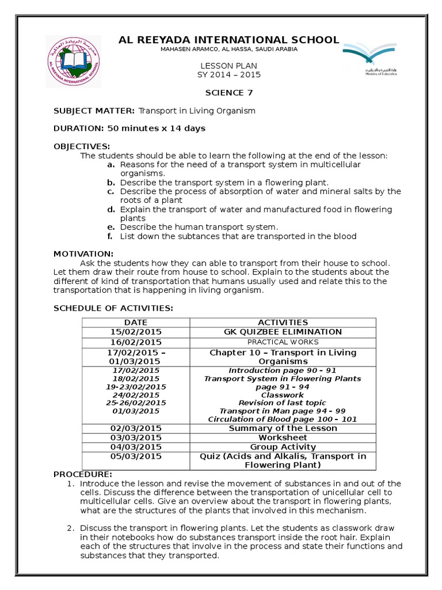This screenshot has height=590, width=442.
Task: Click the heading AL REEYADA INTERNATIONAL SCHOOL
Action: click(228, 40)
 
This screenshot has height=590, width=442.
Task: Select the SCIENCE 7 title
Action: click(229, 92)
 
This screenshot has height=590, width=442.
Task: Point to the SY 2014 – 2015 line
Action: click(229, 75)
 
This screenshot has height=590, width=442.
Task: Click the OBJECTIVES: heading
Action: click(82, 146)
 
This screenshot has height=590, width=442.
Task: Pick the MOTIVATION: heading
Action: click(83, 254)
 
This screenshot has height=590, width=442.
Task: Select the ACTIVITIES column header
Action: click(283, 323)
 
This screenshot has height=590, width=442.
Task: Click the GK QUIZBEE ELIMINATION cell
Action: click(283, 332)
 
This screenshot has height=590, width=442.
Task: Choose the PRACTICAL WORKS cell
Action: click(283, 342)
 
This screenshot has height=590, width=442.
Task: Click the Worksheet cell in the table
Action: click(283, 438)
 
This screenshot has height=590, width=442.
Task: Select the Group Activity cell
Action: click(283, 447)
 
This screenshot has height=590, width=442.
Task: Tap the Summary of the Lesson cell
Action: click(283, 429)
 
